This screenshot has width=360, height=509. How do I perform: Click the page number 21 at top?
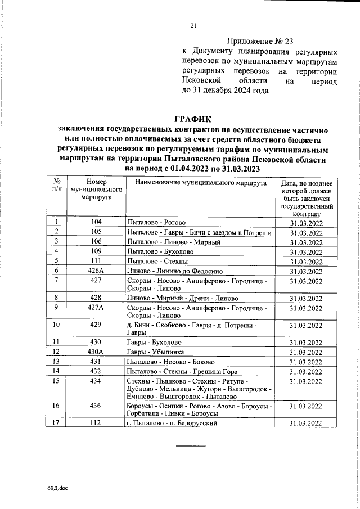[x=194, y=25]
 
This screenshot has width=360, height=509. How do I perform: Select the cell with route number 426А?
[x=96, y=271]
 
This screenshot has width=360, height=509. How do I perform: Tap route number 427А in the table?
[x=96, y=308]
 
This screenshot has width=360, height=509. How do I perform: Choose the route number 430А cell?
[x=96, y=352]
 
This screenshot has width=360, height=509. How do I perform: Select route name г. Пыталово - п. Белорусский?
[x=172, y=423]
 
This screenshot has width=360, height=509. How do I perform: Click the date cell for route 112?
[x=306, y=423]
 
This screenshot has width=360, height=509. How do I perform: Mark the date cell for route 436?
[x=306, y=406]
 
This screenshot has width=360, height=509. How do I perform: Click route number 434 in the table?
[x=96, y=382]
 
